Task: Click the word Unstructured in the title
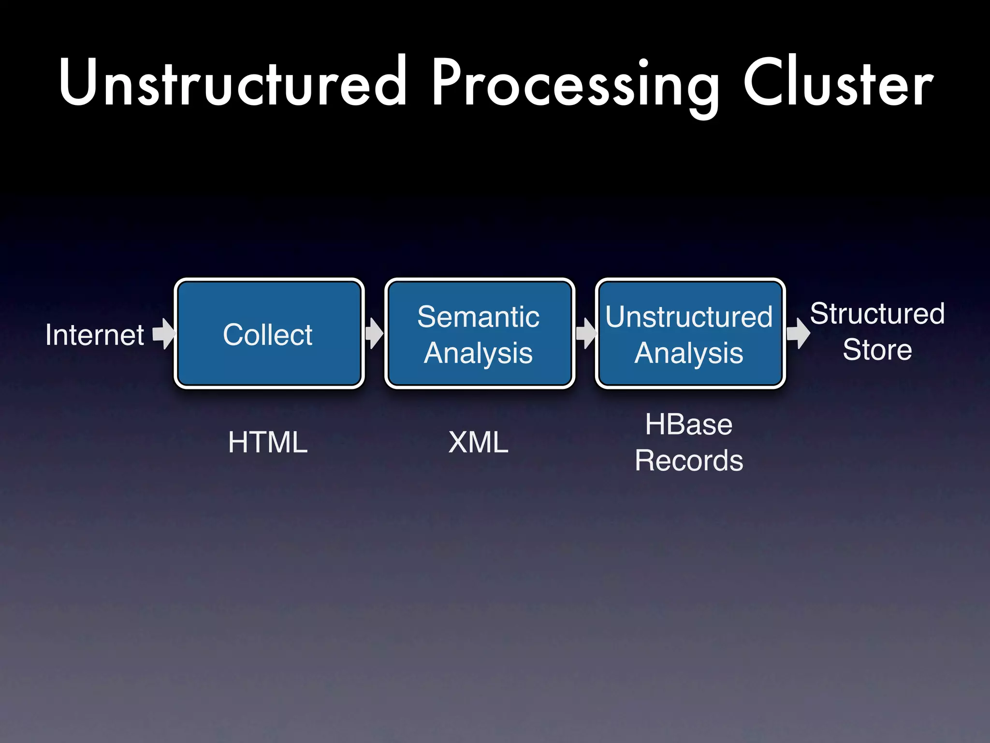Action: pos(232,82)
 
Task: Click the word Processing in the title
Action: pos(575,85)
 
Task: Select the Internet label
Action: pos(95,335)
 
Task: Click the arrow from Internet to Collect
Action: pos(164,334)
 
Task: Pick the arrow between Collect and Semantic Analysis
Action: pos(374,333)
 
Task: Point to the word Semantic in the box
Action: pos(478,317)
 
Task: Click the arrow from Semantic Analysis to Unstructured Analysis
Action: pos(586,333)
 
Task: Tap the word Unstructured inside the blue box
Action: pos(689,317)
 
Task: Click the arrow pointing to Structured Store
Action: pos(798,333)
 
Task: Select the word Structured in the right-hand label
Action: pos(877,313)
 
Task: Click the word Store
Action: pos(877,350)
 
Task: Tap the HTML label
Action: pos(268,442)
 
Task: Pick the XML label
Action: pos(478,442)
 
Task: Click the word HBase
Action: pos(688,425)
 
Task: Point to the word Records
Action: pos(689,461)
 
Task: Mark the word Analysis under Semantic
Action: pos(478,353)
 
